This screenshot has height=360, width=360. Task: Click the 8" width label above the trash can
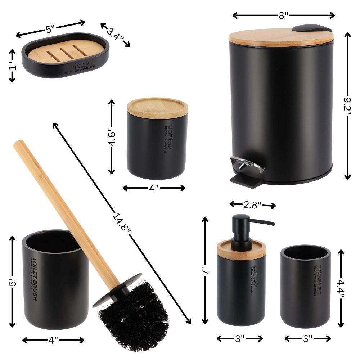click(284, 15)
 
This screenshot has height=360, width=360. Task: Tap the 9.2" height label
click(347, 105)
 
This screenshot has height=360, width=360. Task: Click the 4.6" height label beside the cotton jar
click(112, 137)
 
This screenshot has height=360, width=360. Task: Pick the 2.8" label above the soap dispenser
click(253, 205)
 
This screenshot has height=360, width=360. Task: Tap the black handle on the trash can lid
click(311, 28)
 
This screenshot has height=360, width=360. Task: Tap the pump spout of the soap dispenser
click(263, 222)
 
